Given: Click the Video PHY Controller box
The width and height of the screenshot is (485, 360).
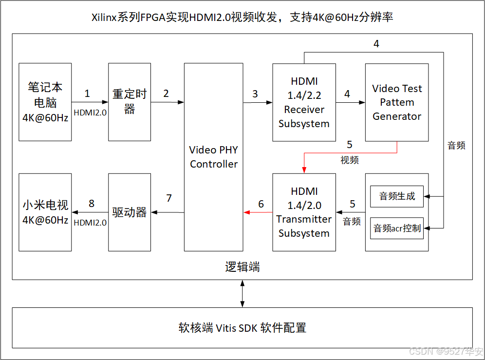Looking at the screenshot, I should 213,157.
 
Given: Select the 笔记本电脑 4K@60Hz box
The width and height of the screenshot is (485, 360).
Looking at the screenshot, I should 45,102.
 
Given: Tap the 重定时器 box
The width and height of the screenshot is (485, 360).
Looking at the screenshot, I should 130,102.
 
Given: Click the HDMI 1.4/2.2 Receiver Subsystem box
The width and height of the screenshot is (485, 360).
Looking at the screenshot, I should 304,102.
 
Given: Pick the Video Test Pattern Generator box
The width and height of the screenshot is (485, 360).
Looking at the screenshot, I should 397,102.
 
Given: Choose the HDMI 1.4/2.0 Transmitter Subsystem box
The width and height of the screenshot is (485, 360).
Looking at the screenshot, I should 304,212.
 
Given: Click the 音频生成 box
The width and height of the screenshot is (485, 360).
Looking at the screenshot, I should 397,196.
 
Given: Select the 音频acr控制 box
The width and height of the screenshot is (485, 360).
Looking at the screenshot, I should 397,228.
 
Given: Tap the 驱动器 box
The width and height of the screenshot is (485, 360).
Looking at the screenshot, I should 130,212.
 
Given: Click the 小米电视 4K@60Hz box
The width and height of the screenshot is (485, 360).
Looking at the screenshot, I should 45,212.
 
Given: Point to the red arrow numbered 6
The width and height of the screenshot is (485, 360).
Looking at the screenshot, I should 258,212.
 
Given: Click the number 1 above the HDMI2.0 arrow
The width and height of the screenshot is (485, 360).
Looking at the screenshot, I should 87,93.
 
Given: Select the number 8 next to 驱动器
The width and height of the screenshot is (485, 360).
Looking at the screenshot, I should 91,204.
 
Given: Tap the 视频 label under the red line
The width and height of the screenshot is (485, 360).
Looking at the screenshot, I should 350,159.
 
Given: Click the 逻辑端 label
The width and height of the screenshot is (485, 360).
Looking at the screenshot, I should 242,267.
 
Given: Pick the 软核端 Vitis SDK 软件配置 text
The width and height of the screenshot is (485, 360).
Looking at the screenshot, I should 242,328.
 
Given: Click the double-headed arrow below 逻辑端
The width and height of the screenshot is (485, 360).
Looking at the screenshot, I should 242,294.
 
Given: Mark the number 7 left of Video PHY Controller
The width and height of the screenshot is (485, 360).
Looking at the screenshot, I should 169,198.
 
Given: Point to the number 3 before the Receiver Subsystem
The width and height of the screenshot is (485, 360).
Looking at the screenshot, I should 255,94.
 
